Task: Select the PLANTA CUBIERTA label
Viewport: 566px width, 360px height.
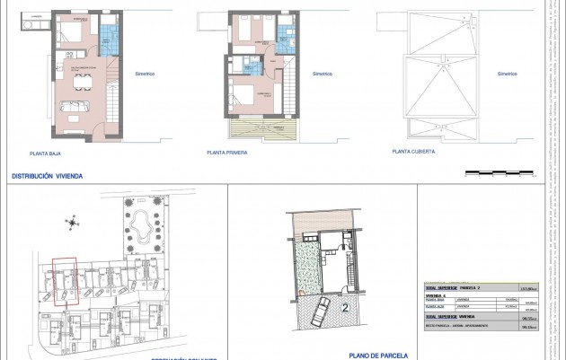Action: [x=413, y=152]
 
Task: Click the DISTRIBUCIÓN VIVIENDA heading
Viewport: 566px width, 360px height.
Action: [x=46, y=177]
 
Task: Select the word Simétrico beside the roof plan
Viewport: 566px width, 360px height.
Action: [x=507, y=73]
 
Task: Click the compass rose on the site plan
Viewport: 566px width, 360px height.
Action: [x=70, y=220]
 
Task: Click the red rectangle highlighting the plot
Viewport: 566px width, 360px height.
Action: [x=64, y=283]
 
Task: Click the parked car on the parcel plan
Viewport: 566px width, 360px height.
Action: [x=319, y=313]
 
